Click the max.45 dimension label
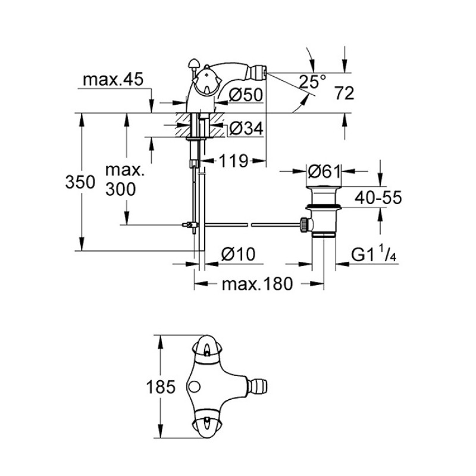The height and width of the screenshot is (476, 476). [x=113, y=80]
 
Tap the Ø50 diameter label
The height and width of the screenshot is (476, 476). [x=246, y=95]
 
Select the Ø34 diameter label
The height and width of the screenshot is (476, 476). [x=246, y=129]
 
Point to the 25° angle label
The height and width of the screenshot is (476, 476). [x=312, y=81]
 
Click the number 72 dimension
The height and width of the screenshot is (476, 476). [x=345, y=93]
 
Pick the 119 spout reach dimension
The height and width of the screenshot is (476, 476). [x=233, y=161]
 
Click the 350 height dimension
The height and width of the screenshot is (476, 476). [x=80, y=183]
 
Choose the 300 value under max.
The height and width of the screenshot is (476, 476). [x=121, y=189]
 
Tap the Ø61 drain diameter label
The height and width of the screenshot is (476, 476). [x=324, y=172]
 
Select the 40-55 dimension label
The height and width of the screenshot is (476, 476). [x=378, y=198]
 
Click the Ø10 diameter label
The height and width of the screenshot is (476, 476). [x=239, y=254]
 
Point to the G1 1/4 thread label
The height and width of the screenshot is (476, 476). [x=374, y=254]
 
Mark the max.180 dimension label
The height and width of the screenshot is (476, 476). [x=258, y=284]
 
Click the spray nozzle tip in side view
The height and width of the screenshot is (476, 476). [x=265, y=73]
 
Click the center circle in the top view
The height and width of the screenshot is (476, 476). [x=194, y=386]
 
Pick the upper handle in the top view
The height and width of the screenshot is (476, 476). [x=206, y=350]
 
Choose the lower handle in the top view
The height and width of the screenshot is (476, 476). [x=206, y=424]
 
